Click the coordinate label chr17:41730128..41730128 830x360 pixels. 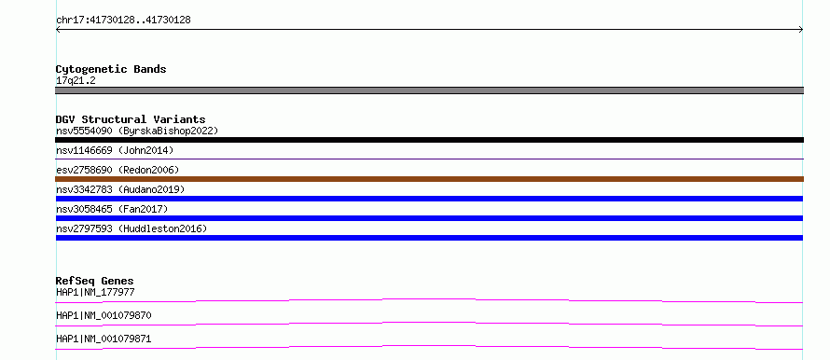pos(123,21)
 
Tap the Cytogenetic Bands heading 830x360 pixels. pos(111,69)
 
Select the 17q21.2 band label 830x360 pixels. pos(76,81)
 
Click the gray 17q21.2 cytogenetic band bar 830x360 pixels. pos(429,90)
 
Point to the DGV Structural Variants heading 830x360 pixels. pos(131,119)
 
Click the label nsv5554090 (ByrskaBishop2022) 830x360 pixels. pos(137,131)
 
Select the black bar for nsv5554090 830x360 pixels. pos(429,140)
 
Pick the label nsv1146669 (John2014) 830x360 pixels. pos(115,150)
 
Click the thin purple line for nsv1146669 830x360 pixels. pos(429,159)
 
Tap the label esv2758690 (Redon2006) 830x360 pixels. pos(118,170)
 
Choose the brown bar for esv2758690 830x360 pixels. pos(429,179)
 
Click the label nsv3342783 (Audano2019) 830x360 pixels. pos(120,189)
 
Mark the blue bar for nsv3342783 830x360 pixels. pos(429,199)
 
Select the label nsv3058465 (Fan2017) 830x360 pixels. pos(112,209)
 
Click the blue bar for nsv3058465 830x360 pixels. pos(429,218)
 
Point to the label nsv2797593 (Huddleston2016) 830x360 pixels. pos(131,228)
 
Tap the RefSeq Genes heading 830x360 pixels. pos(95,281)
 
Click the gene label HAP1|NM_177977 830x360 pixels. pos(91,292)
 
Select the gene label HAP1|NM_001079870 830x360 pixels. pos(104,315)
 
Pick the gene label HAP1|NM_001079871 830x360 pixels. pos(104,339)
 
